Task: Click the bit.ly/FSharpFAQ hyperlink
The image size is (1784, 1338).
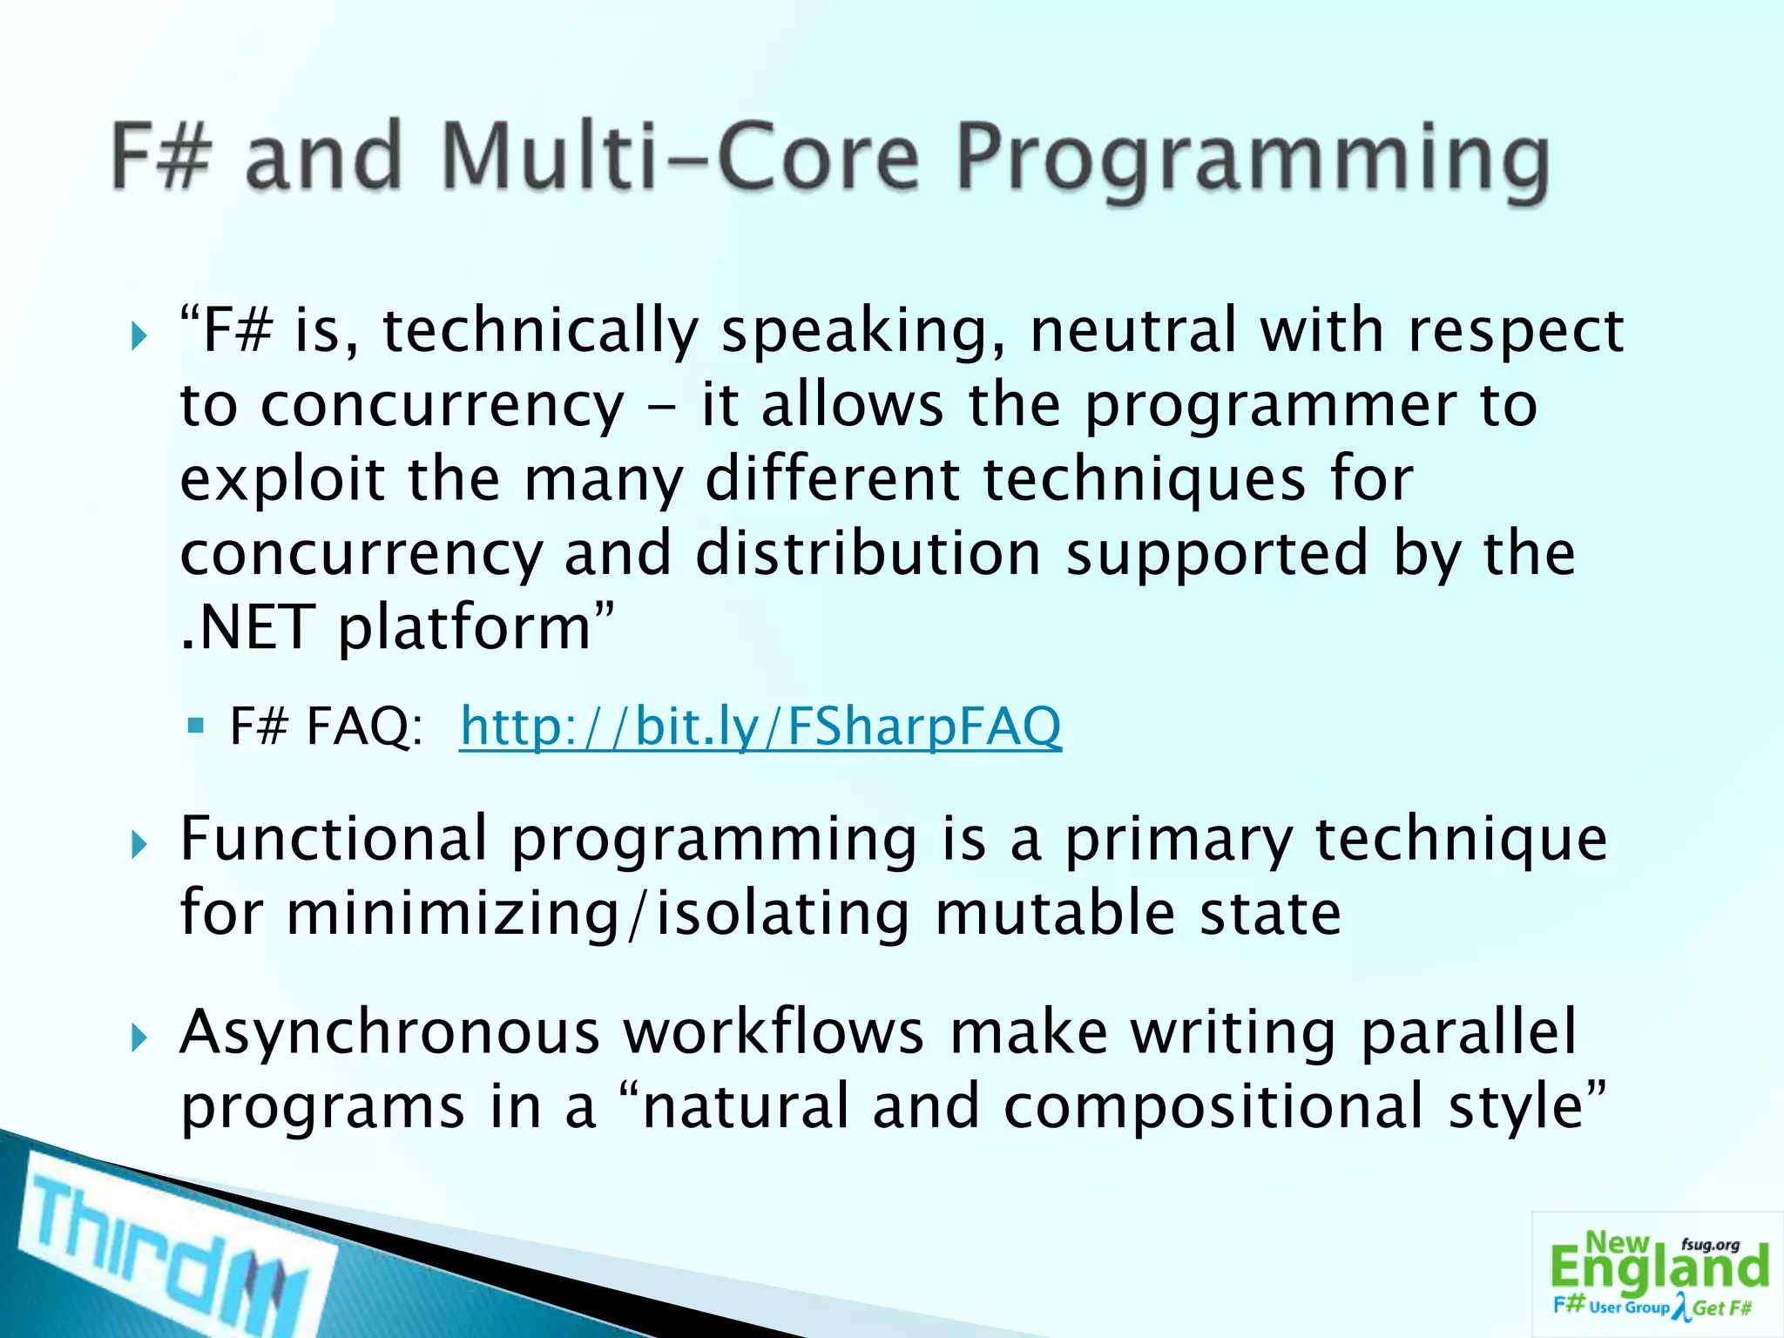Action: coord(760,726)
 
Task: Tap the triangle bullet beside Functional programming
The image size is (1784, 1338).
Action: coord(139,843)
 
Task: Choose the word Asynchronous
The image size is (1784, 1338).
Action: coord(389,1032)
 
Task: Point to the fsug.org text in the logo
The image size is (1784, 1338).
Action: coord(1710,1245)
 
